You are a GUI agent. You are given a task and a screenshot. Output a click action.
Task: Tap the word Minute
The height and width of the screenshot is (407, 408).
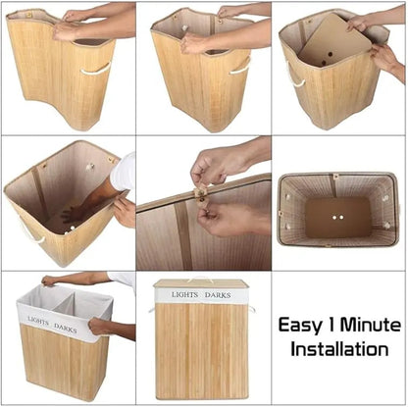(x=369, y=326)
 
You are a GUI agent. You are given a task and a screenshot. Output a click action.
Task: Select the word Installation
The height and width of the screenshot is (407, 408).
(x=338, y=348)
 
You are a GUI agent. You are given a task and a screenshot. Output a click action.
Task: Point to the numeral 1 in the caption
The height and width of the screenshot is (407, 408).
(x=333, y=326)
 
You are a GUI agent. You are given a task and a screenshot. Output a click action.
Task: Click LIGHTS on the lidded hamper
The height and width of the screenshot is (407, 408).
(x=185, y=293)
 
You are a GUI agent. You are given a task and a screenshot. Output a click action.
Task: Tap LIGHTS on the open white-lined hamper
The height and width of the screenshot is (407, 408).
(x=38, y=322)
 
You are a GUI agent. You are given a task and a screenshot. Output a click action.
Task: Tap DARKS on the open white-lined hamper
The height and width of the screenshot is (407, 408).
(x=66, y=328)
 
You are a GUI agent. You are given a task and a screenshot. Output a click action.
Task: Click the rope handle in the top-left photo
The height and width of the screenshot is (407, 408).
(x=96, y=69)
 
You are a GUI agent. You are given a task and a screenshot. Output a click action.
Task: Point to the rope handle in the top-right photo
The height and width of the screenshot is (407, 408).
(x=294, y=76)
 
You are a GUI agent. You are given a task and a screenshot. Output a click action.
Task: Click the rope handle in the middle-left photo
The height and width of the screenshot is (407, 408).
(x=32, y=232)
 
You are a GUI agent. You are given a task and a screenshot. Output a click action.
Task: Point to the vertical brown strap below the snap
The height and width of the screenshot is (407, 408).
(x=183, y=235)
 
